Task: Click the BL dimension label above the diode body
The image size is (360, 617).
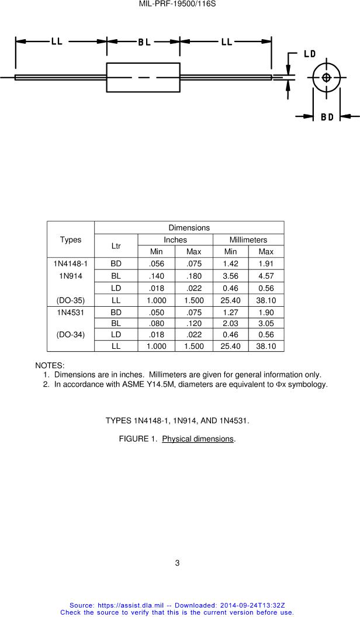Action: tap(144, 42)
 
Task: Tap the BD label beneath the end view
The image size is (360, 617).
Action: tap(327, 117)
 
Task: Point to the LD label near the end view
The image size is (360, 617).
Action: tap(309, 54)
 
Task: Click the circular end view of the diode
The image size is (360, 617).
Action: tap(326, 78)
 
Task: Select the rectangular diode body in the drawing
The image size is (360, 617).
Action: tap(143, 78)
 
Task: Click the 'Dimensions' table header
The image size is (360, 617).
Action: tap(189, 227)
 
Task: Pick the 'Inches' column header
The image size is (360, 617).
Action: tap(175, 240)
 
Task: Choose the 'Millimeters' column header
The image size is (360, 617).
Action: tap(248, 240)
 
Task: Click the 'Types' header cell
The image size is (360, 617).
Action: tap(71, 240)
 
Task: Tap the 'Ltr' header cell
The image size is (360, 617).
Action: tap(116, 246)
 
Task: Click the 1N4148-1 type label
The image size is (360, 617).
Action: tap(71, 264)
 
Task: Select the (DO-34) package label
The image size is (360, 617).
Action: tap(71, 335)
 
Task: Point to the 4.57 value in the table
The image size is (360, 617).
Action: tap(266, 275)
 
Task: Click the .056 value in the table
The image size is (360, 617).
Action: tap(157, 264)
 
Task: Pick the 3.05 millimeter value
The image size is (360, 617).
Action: tap(266, 323)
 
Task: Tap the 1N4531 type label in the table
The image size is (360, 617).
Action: tap(71, 313)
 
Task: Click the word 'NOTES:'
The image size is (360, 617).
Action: tap(50, 365)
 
